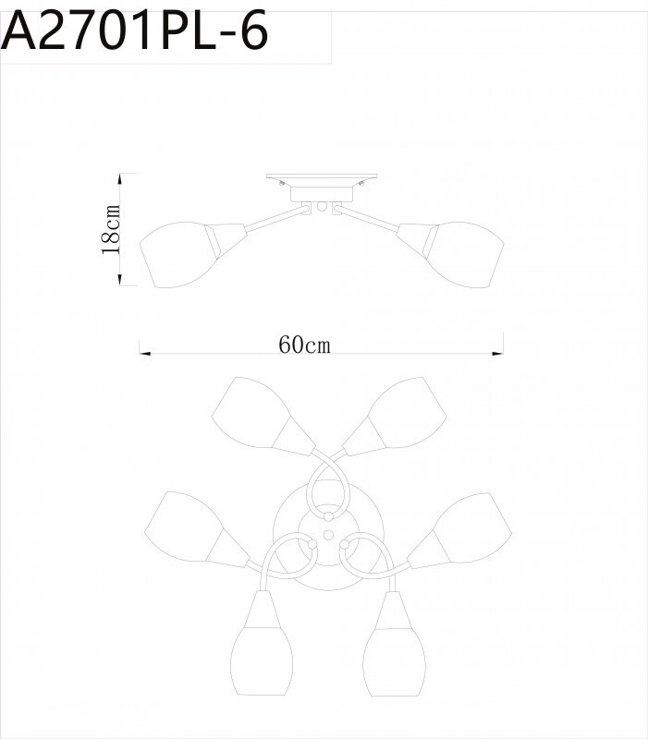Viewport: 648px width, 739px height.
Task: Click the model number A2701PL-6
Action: pyautogui.click(x=137, y=33)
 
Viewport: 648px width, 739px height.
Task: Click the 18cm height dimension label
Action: pyautogui.click(x=112, y=229)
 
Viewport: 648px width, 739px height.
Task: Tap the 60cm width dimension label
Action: pyautogui.click(x=304, y=345)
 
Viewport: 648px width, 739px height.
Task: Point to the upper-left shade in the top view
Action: pyautogui.click(x=249, y=412)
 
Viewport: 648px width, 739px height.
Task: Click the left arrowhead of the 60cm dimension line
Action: pyautogui.click(x=142, y=352)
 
